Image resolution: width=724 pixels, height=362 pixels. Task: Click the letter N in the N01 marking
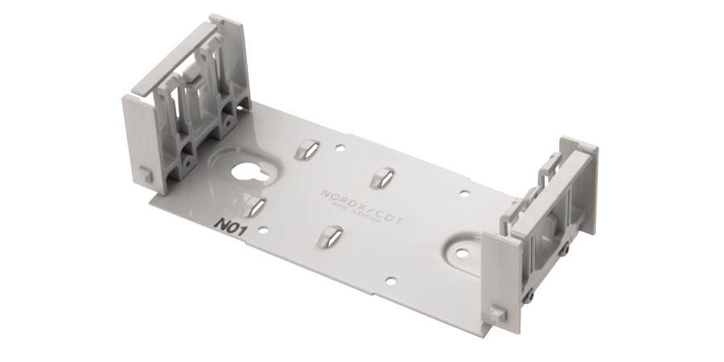[x=220, y=224]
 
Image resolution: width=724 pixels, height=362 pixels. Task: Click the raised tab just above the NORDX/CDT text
[x=383, y=176]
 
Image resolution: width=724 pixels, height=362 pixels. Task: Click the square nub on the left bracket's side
[x=143, y=173]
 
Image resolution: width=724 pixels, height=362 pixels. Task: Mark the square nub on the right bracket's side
[x=499, y=311]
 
